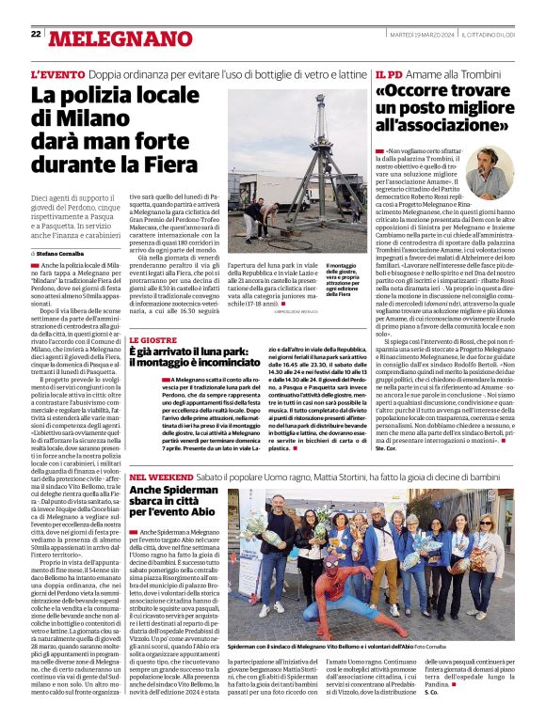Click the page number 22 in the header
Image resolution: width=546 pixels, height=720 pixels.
[x=36, y=35]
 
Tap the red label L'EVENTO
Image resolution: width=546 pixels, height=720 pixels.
[x=58, y=74]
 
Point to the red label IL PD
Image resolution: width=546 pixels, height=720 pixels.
[x=389, y=74]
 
